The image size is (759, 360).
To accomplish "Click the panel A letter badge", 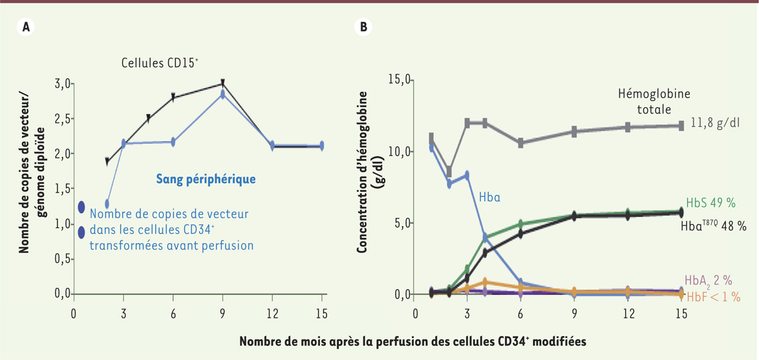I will pyautogui.click(x=26, y=27).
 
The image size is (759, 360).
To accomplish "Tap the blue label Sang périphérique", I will pyautogui.click(x=206, y=180).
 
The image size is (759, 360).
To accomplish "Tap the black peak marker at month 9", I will pyautogui.click(x=223, y=83).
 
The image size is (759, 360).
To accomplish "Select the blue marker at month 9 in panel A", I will pyautogui.click(x=223, y=94).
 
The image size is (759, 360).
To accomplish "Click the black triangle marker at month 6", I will pyautogui.click(x=173, y=97).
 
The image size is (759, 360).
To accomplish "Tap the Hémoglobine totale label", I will pyautogui.click(x=653, y=101).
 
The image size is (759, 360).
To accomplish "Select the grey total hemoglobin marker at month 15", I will pyautogui.click(x=682, y=126).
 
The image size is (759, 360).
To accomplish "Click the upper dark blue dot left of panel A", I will pyautogui.click(x=82, y=207).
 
